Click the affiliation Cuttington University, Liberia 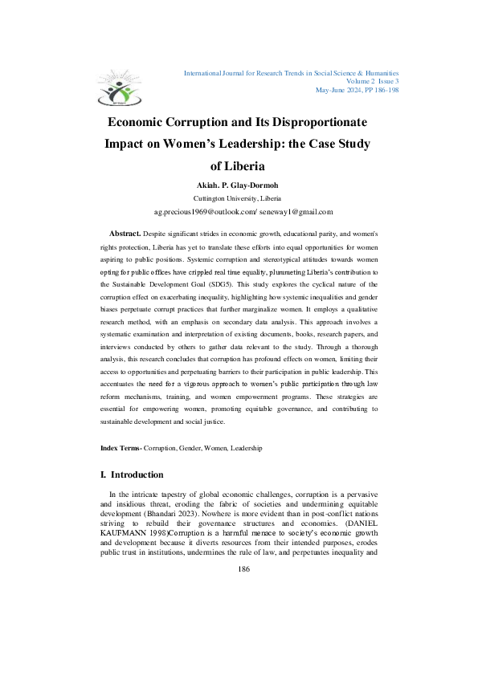239,198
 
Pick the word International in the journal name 206,72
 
